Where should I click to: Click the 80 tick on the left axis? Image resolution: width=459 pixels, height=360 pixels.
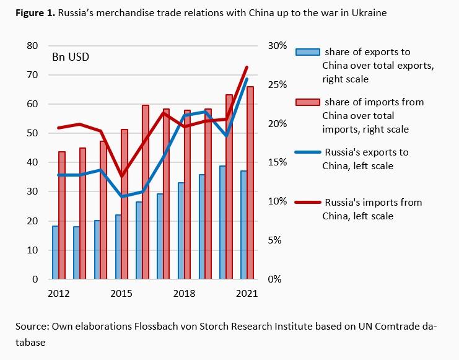(x=31, y=46)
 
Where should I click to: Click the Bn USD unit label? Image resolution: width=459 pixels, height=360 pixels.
(x=70, y=58)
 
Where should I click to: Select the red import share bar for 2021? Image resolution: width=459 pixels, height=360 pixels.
(x=250, y=183)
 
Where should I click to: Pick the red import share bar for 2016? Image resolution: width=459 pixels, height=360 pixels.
(x=146, y=192)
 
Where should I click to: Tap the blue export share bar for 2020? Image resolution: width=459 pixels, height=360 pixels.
(x=222, y=222)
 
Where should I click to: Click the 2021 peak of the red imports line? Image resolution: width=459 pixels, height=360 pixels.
(x=247, y=67)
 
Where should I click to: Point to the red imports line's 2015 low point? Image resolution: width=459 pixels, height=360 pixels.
(x=122, y=176)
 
